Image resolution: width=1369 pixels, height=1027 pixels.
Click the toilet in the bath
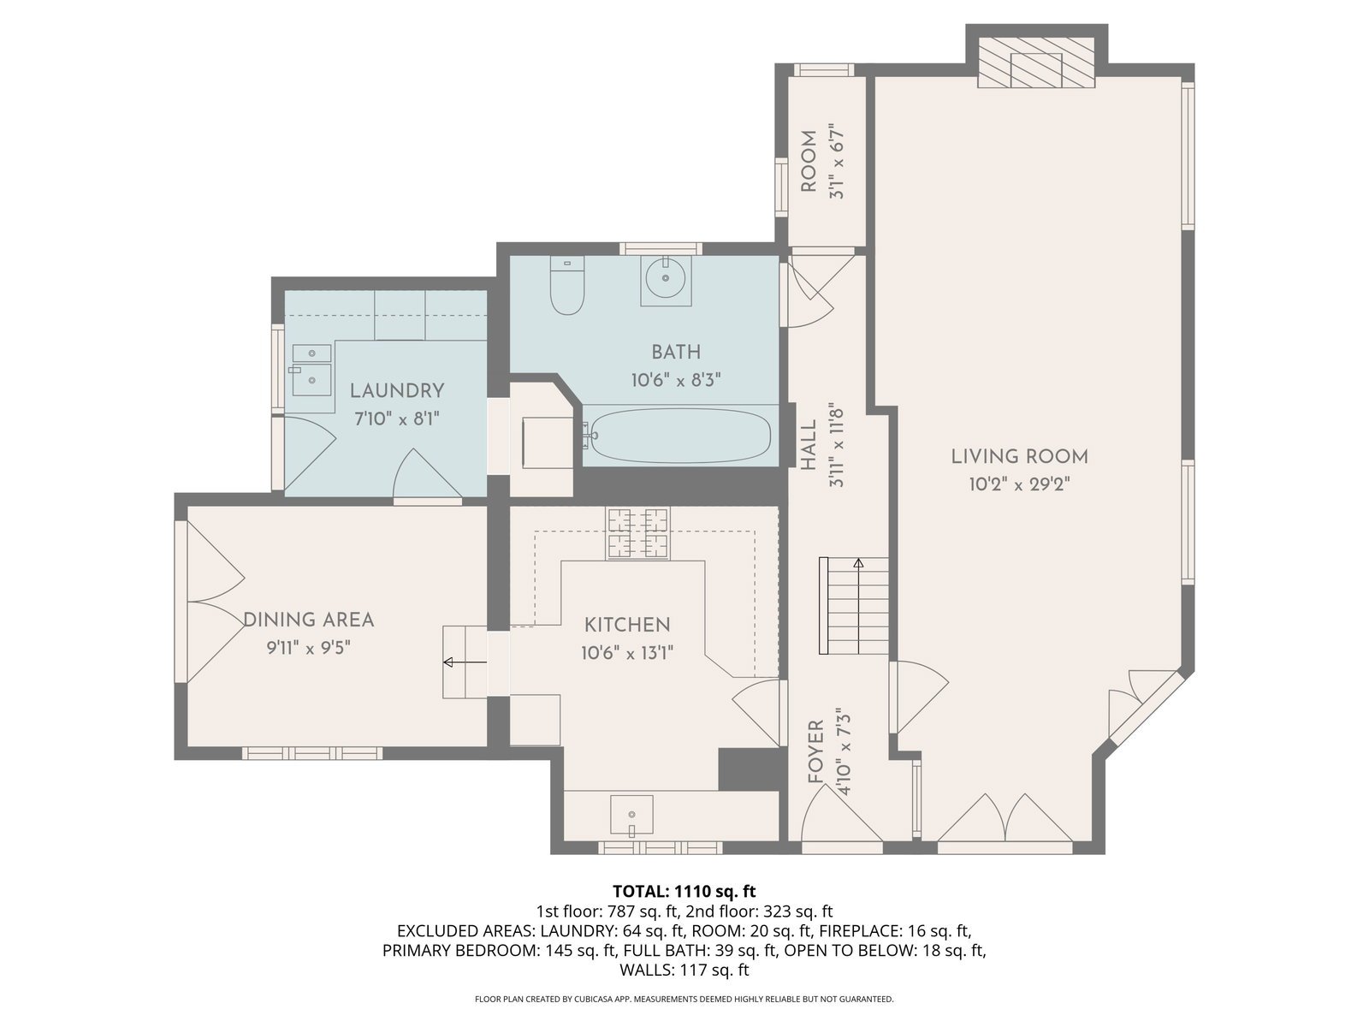point(566,285)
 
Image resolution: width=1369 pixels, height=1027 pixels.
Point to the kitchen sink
point(631,814)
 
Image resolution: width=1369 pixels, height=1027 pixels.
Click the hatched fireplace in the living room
point(1035,62)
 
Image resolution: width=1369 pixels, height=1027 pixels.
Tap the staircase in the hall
point(854,605)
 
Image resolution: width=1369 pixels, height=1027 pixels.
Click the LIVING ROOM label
point(1019,456)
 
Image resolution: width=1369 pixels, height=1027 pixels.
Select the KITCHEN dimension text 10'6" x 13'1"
point(627,653)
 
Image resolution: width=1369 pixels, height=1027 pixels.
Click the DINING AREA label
point(309,620)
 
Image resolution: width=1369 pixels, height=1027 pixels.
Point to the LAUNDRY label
point(397,391)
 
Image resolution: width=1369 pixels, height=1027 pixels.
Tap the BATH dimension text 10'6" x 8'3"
point(675,380)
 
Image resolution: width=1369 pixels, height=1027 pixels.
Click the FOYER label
point(815,751)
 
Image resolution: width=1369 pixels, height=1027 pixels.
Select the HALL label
point(809,444)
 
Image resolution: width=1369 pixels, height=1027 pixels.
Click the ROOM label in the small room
point(809,161)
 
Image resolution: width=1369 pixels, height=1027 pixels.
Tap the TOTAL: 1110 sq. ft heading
point(684,891)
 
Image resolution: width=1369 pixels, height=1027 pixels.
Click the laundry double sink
point(311,371)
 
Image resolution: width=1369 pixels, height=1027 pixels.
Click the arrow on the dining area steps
point(465,662)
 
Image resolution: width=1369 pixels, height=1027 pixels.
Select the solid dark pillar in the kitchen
point(751,769)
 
